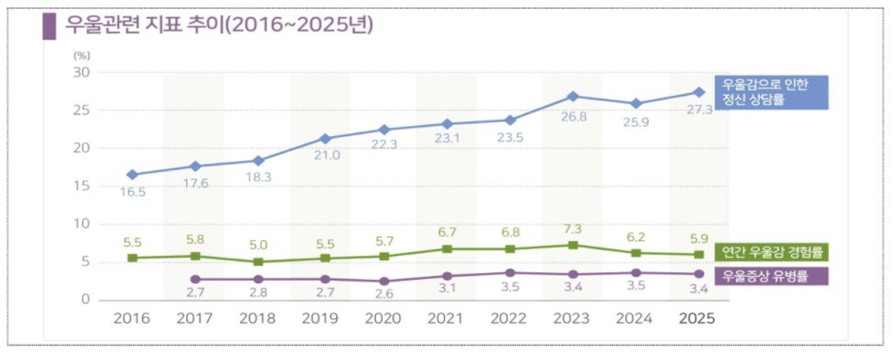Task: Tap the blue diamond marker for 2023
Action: click(572, 97)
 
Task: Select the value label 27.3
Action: click(699, 109)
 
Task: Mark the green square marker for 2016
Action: click(132, 258)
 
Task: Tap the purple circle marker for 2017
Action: click(196, 279)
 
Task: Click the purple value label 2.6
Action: click(385, 295)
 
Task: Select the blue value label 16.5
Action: click(132, 192)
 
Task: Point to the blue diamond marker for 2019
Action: click(321, 139)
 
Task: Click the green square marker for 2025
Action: click(699, 255)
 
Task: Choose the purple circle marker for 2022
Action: click(510, 273)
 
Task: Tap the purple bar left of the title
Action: click(49, 25)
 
